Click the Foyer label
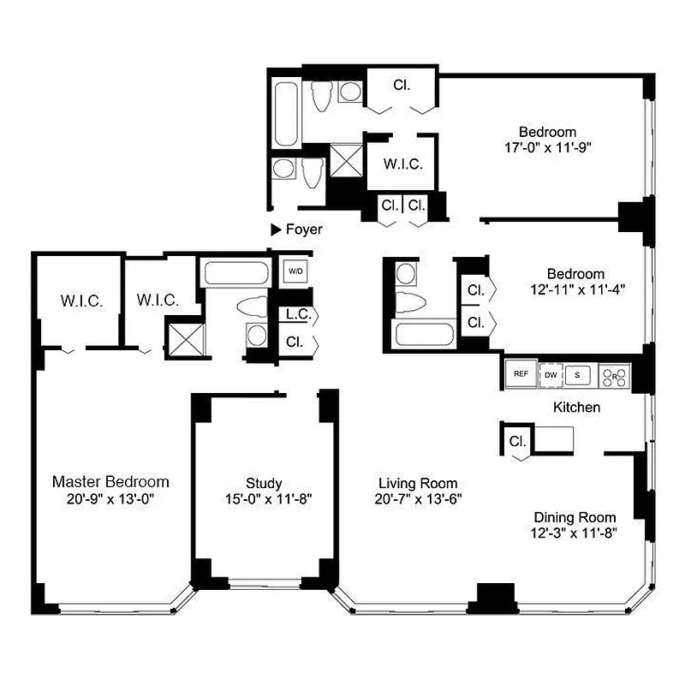pyautogui.click(x=304, y=229)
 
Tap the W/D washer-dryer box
pyautogui.click(x=295, y=271)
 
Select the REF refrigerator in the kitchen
pyautogui.click(x=520, y=373)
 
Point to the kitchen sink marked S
pyautogui.click(x=578, y=373)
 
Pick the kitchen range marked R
pyautogui.click(x=614, y=373)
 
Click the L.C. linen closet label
pyautogui.click(x=297, y=314)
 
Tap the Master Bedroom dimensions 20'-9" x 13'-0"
pyautogui.click(x=110, y=498)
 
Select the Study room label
pyautogui.click(x=263, y=483)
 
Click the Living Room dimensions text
pyautogui.click(x=407, y=500)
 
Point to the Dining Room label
pyautogui.click(x=575, y=517)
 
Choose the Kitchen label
pyautogui.click(x=576, y=408)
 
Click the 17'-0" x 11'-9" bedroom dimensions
pyautogui.click(x=548, y=147)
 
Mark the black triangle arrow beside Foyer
pyautogui.click(x=276, y=229)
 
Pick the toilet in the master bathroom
pyautogui.click(x=253, y=306)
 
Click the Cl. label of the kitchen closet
pyautogui.click(x=517, y=442)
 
